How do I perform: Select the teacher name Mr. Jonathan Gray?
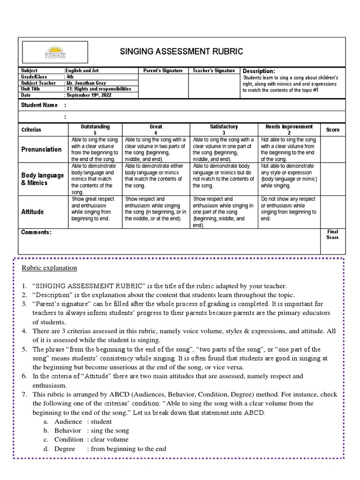click(87, 82)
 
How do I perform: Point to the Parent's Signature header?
click(163, 70)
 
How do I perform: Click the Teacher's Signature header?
click(214, 70)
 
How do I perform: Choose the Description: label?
click(258, 71)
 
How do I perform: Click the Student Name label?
click(39, 105)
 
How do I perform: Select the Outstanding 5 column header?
click(95, 129)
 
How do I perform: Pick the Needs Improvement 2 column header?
click(289, 129)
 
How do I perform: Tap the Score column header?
click(333, 129)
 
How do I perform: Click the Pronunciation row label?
click(41, 149)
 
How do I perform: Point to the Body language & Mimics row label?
click(43, 179)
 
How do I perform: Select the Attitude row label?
click(33, 212)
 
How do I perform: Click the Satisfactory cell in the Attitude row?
click(224, 212)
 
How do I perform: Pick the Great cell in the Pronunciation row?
click(156, 149)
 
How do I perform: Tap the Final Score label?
click(332, 234)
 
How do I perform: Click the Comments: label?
click(36, 232)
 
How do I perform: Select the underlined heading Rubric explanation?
click(49, 268)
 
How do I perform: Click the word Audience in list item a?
click(68, 421)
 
